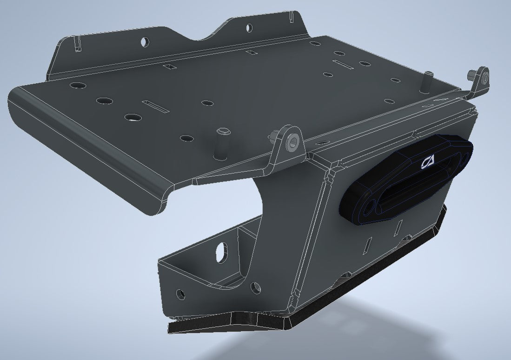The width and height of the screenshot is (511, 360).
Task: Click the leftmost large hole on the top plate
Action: pos(78,86)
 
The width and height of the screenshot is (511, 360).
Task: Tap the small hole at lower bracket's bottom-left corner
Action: pos(180,294)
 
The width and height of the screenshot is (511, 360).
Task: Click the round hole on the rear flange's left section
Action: pos(146,41)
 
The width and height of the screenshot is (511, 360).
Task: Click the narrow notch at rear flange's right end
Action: pos(290,17)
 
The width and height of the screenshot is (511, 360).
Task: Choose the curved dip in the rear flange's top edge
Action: pos(205,37)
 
